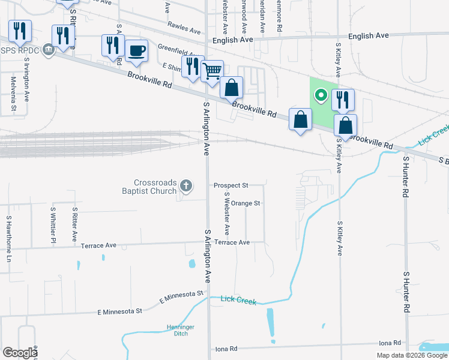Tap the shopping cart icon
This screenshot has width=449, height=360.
click(211, 71)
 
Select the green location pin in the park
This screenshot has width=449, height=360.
click(321, 95)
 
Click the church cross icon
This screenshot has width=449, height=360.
click(186, 185)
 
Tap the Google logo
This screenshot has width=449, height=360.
click(20, 353)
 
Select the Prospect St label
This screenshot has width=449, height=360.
click(231, 185)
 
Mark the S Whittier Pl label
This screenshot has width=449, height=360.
click(53, 225)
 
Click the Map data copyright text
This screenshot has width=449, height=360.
click(412, 355)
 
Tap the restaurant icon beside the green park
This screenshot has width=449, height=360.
click(343, 99)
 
